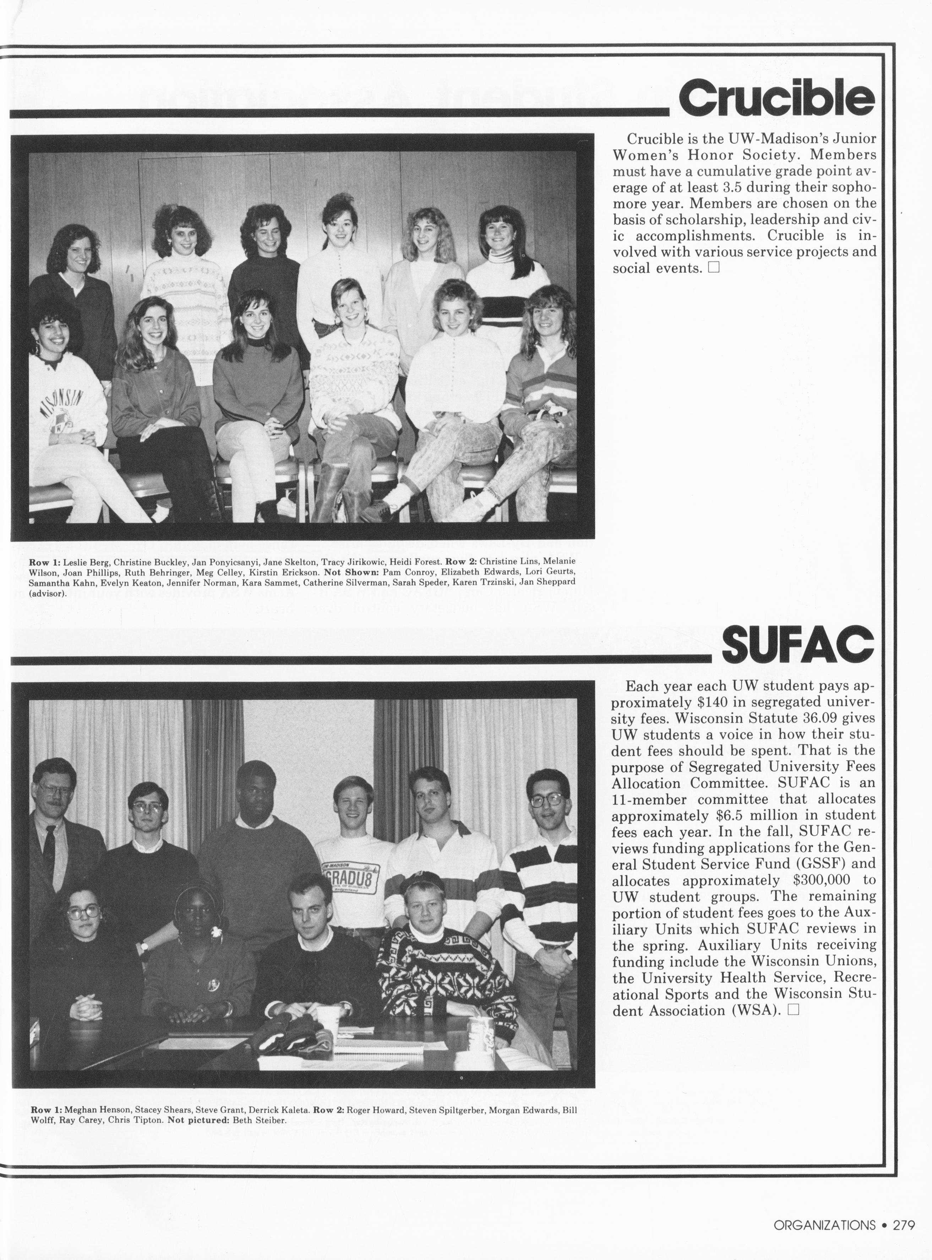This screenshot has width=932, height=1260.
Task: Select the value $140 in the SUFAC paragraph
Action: click(708, 703)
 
